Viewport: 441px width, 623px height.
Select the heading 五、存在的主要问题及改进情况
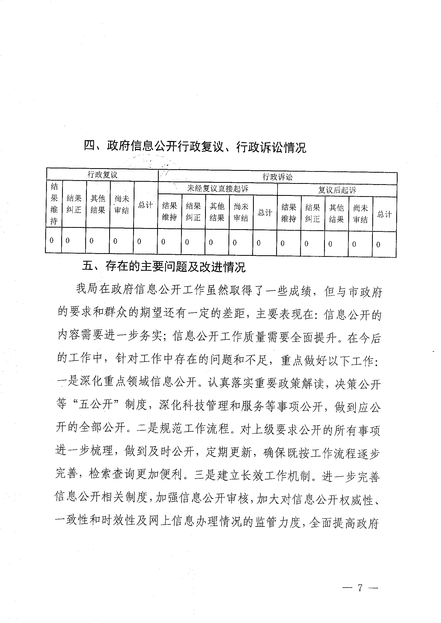click(164, 267)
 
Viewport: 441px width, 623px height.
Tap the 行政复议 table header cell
click(102, 175)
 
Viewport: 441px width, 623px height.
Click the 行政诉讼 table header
click(277, 177)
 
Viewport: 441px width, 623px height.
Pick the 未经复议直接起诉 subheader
click(218, 189)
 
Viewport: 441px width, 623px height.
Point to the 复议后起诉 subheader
click(337, 190)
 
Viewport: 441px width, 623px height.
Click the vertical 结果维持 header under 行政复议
click(54, 204)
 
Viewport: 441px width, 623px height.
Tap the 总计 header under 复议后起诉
click(384, 214)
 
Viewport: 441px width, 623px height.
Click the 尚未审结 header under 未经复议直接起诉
click(241, 212)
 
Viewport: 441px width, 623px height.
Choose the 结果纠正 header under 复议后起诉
click(313, 213)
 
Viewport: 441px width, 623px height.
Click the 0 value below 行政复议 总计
click(139, 241)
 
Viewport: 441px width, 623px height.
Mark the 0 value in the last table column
click(378, 245)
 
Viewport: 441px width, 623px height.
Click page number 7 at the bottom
click(360, 587)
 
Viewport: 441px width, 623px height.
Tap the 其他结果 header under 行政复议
click(98, 204)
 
